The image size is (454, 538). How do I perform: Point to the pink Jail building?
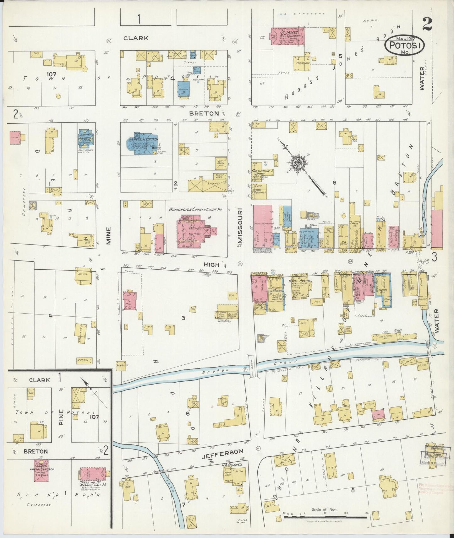coord(129,300)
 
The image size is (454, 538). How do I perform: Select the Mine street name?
coord(109,240)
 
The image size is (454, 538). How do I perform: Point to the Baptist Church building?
coord(85,138)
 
